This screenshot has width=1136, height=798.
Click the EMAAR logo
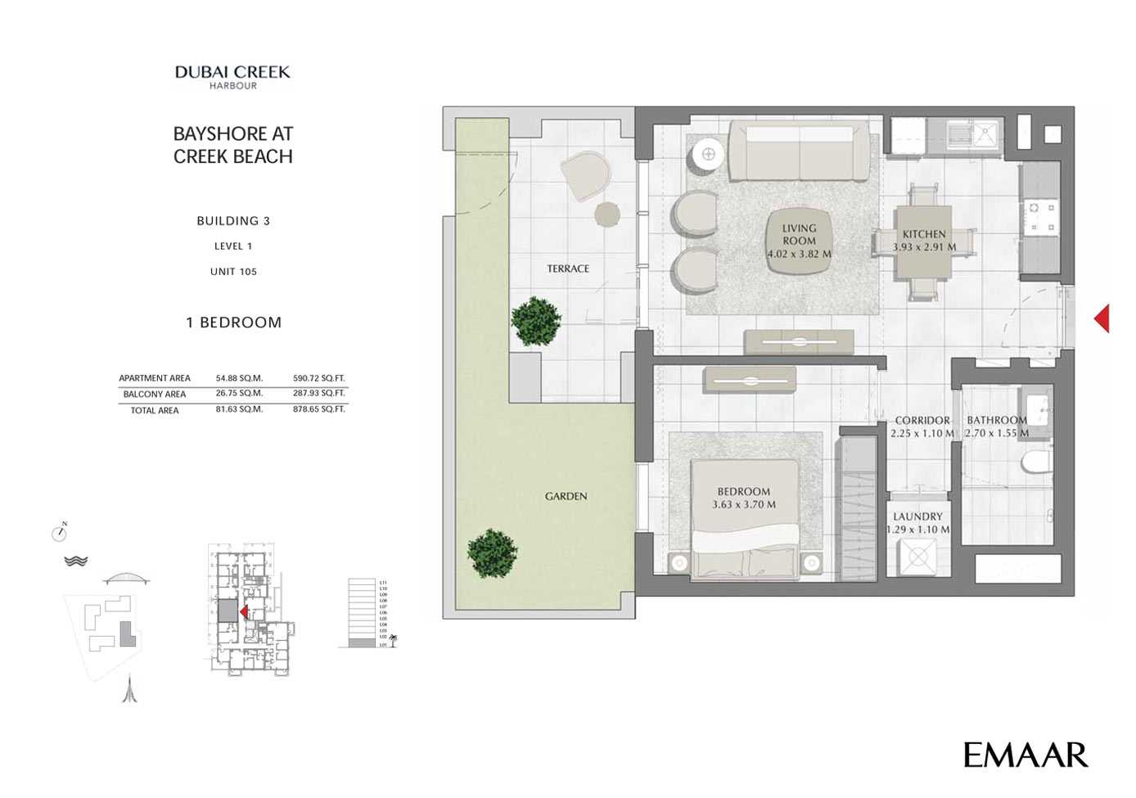1025,755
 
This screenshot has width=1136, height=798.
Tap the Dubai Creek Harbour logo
232,76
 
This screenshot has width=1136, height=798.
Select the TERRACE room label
568,268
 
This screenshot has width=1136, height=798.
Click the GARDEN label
566,496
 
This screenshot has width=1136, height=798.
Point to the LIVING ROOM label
799,235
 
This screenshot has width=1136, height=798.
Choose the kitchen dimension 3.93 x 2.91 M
924,246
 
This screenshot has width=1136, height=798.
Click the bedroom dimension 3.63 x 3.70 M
743,504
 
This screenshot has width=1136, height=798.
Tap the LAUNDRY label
917,516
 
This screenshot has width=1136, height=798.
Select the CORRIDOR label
922,420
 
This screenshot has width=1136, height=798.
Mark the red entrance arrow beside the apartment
1102,318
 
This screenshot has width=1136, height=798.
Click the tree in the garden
493,552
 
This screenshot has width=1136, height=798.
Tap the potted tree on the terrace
536,320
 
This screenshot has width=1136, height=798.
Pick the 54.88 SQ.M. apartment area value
239,378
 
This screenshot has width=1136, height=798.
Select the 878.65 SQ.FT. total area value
319,409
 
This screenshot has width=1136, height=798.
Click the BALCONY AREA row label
155,394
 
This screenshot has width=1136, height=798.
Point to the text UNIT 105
233,272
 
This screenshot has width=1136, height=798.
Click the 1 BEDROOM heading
233,322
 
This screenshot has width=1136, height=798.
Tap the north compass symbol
59,533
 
